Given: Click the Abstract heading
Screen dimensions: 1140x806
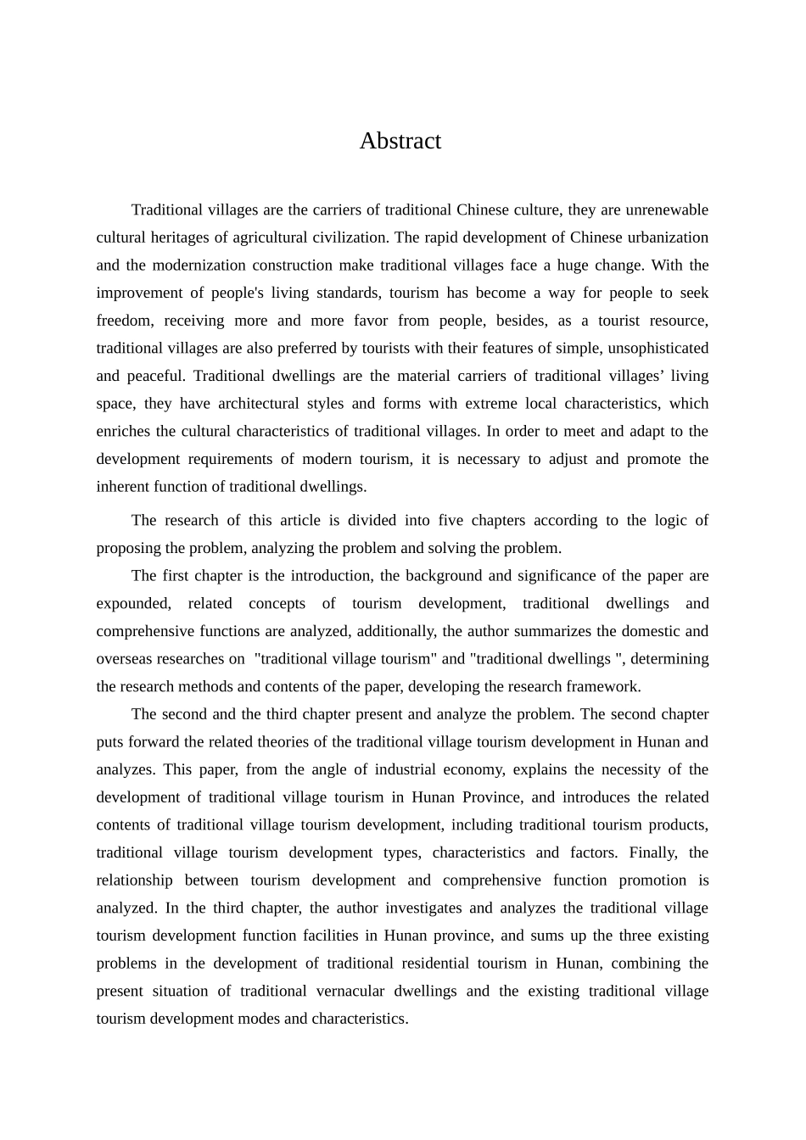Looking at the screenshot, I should click(x=400, y=141).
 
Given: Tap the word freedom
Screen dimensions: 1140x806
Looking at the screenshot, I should click(x=124, y=321).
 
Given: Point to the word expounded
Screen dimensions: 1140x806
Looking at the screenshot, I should click(x=133, y=603).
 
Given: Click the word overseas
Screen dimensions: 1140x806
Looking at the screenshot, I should click(x=125, y=659).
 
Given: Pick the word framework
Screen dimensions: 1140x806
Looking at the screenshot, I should click(x=605, y=686).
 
